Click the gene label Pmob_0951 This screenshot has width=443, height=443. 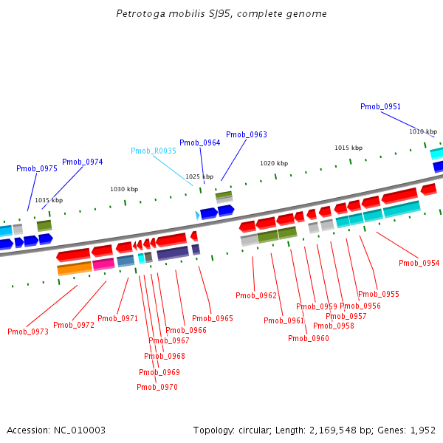(x=381, y=107)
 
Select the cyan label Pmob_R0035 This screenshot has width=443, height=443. (x=154, y=151)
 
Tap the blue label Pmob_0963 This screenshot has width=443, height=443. (x=247, y=135)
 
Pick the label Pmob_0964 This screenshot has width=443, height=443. (x=199, y=143)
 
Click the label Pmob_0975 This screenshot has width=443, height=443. (x=37, y=169)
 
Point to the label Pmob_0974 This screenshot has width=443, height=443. (x=83, y=162)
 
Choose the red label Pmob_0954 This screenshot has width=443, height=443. (x=419, y=264)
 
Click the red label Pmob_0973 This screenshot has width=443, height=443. (x=28, y=332)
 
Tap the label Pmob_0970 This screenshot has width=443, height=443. (x=157, y=388)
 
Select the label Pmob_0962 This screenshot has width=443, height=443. (x=256, y=296)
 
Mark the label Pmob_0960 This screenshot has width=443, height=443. (x=309, y=339)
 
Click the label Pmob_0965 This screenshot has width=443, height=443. (x=213, y=319)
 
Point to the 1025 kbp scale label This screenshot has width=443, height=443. (x=199, y=177)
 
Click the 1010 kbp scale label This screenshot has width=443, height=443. (x=423, y=132)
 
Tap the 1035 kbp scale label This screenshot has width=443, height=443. (x=49, y=201)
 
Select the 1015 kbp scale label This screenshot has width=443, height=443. (x=348, y=148)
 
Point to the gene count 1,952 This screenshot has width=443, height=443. (x=423, y=430)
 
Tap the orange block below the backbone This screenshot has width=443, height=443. (x=75, y=269)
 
